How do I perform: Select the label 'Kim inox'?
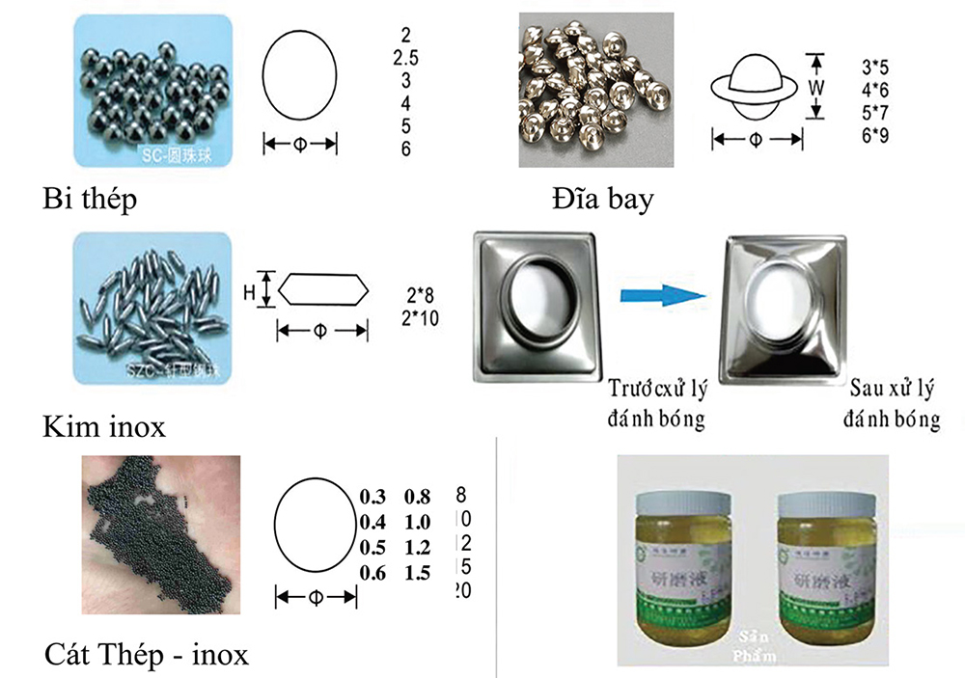tap(104, 425)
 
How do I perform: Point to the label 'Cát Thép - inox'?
tap(147, 655)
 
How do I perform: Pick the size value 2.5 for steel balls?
tap(405, 58)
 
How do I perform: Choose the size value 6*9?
tap(874, 135)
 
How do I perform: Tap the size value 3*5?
tap(874, 68)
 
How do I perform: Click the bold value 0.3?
tap(372, 497)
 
